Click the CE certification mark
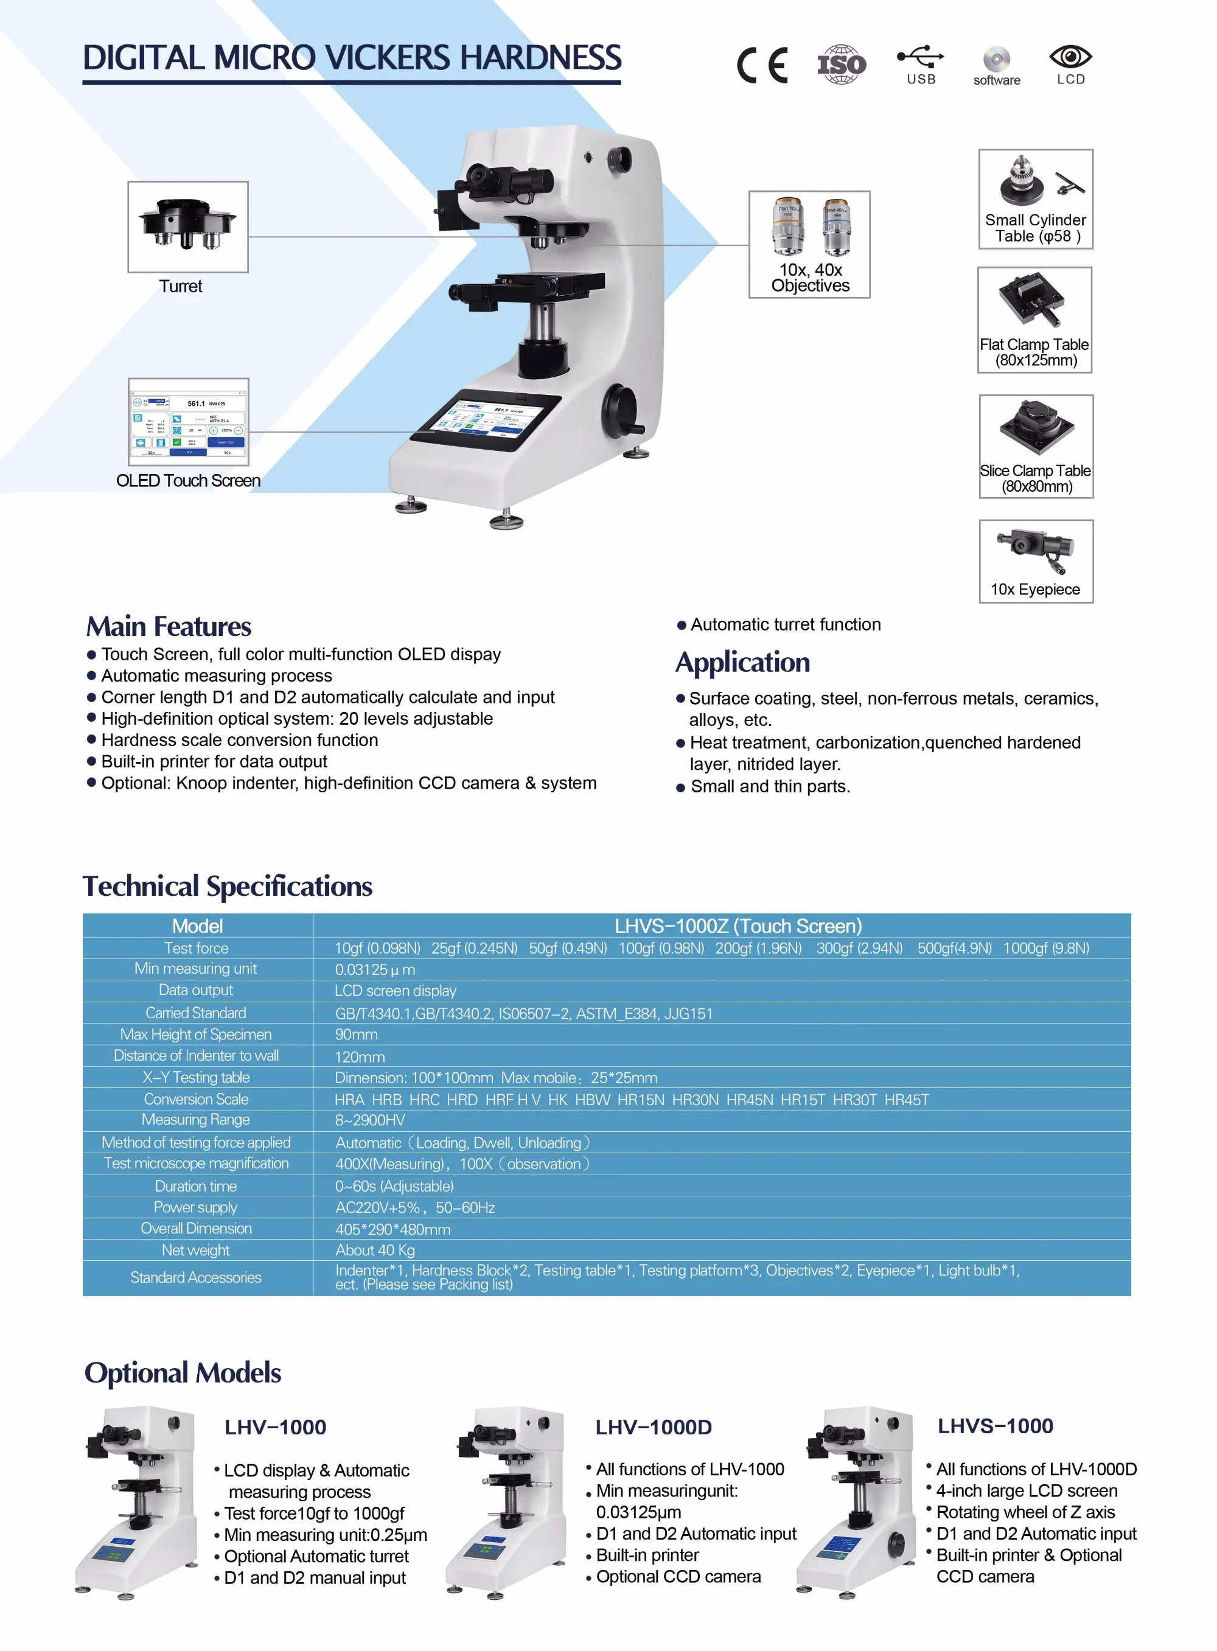pos(762,65)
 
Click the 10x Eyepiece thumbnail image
pos(1036,550)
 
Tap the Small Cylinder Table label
pos(1036,228)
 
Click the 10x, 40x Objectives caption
pos(811,277)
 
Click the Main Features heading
pos(169,627)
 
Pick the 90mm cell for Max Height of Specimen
pos(357,1035)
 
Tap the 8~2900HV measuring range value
pos(370,1120)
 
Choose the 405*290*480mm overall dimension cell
pos(392,1230)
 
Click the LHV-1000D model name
pos(654,1428)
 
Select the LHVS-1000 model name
pos(996,1426)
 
